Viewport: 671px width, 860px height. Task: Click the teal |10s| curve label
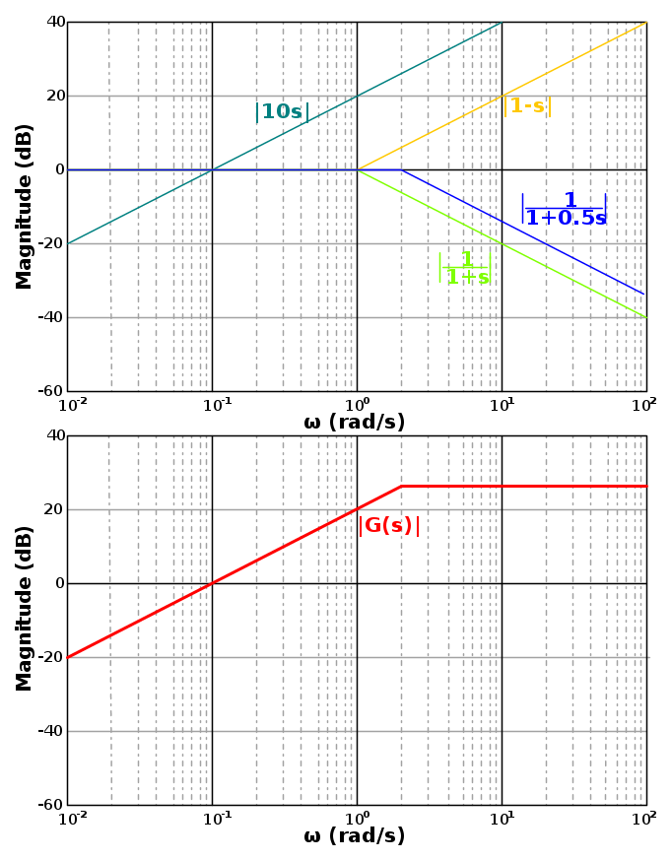point(282,112)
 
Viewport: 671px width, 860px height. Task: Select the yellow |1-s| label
point(527,106)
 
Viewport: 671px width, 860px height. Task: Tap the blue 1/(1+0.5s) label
point(564,209)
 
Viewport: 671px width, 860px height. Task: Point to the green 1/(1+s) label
point(465,268)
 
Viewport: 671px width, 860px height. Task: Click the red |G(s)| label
point(388,526)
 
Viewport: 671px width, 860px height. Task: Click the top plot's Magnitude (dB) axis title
point(25,206)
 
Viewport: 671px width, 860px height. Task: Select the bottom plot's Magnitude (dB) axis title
point(25,608)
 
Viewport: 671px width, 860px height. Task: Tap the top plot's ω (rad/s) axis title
point(355,423)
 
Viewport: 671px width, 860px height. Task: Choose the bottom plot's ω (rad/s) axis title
point(355,836)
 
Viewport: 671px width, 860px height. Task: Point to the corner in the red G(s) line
point(401,486)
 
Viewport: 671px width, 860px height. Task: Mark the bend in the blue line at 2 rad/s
point(401,169)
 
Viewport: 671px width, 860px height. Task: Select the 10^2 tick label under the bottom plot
point(645,818)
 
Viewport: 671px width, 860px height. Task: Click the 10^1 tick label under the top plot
point(502,404)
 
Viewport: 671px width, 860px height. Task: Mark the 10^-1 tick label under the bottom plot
point(212,818)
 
